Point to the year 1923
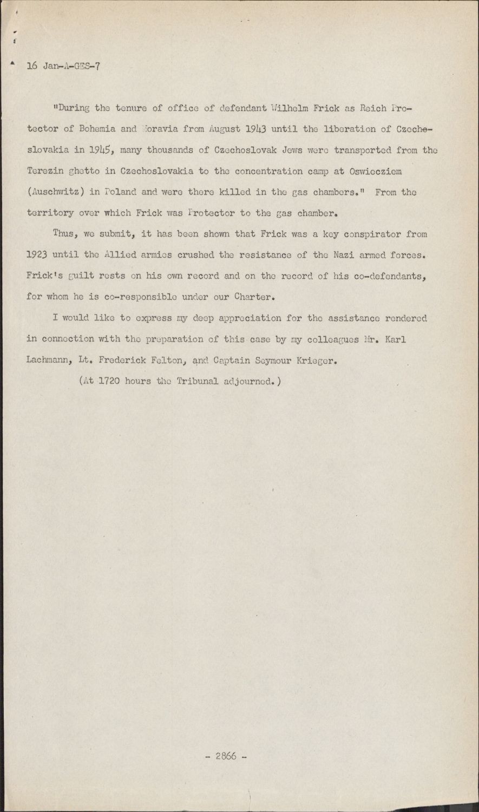point(37,256)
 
